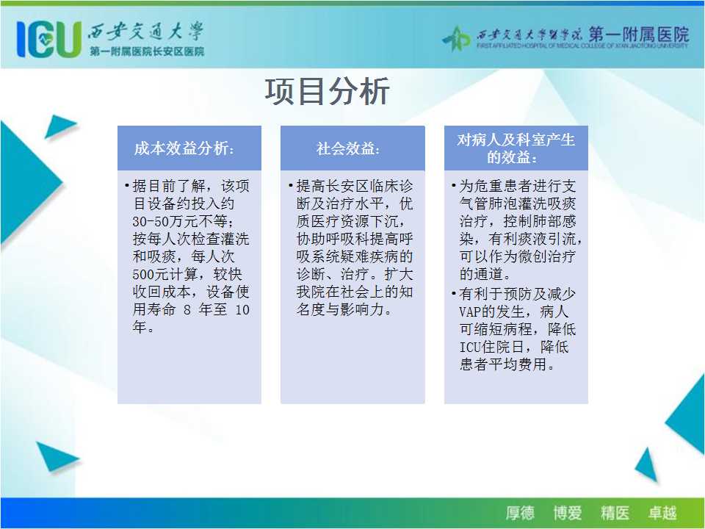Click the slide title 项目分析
(x=327, y=91)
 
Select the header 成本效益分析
(x=184, y=148)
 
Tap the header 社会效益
(x=348, y=148)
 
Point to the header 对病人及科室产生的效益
(x=516, y=148)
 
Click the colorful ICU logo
(x=49, y=39)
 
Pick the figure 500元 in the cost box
(x=151, y=274)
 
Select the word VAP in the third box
(x=470, y=312)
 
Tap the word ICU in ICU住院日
(x=470, y=347)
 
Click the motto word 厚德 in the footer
(x=520, y=513)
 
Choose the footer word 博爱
(x=568, y=513)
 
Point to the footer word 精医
(x=615, y=513)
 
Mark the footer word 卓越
(x=662, y=513)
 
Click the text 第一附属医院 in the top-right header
(x=638, y=34)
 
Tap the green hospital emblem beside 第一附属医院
(x=456, y=38)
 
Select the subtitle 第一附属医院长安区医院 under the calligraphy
(x=147, y=51)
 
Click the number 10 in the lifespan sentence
(x=242, y=309)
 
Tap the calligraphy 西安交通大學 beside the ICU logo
(x=145, y=32)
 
